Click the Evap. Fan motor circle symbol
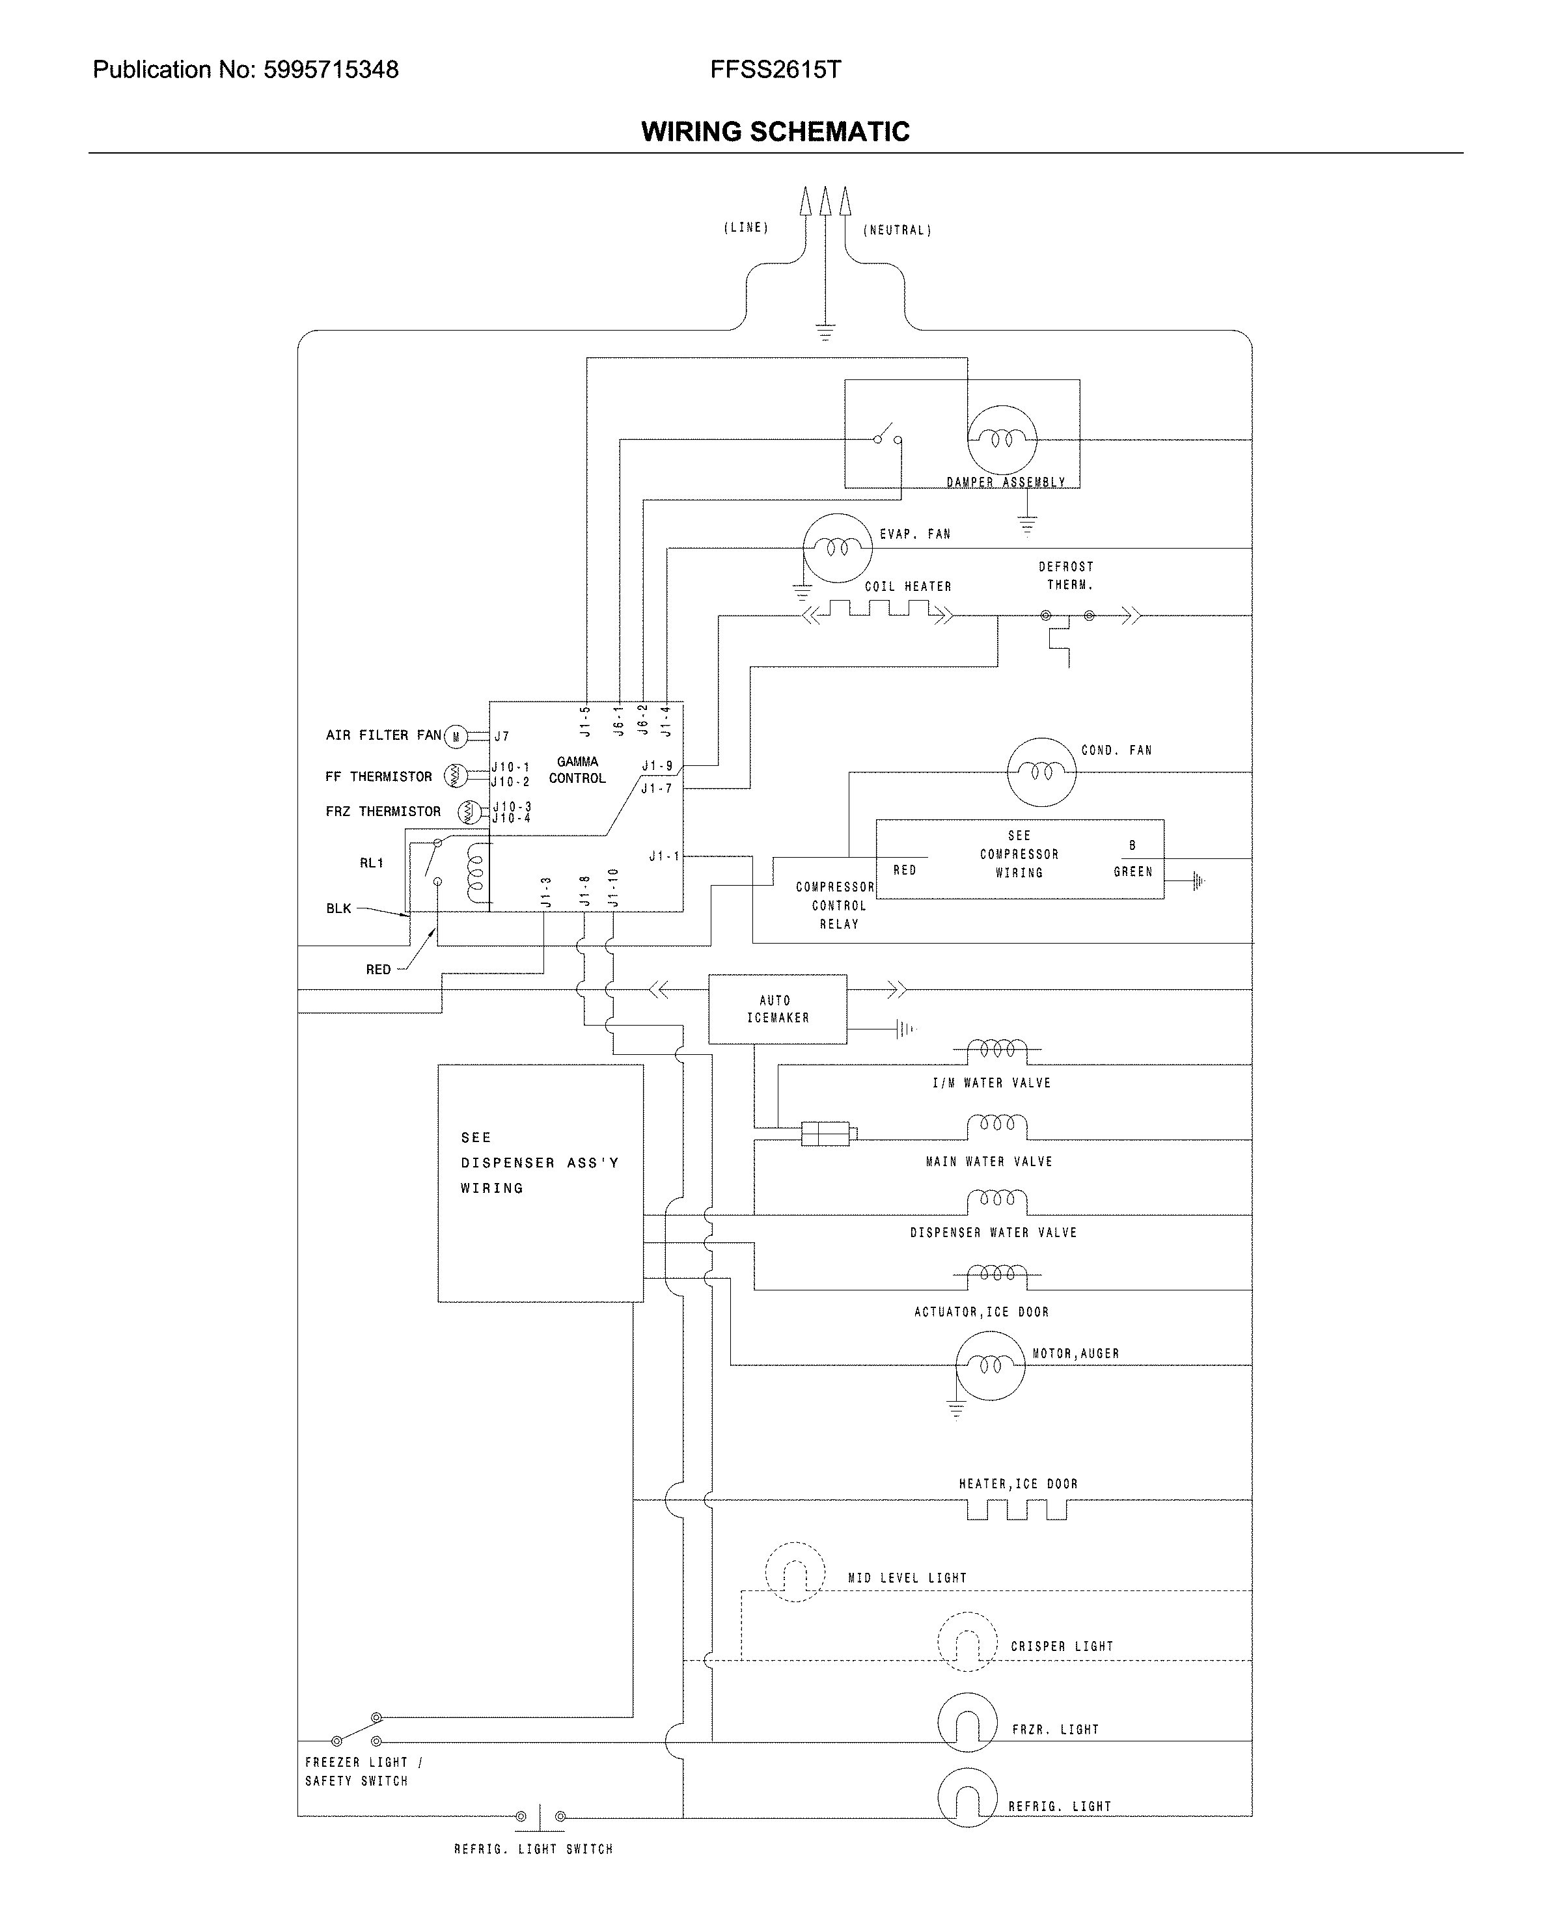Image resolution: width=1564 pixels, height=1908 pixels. coord(838,548)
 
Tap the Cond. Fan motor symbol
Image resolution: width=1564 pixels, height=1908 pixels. coord(1041,772)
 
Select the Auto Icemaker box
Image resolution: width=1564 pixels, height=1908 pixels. coord(778,1009)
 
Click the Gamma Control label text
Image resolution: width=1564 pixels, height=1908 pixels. coord(577,770)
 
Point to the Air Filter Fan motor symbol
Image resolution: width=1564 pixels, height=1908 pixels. coord(456,737)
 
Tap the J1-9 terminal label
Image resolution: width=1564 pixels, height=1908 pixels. coord(657,767)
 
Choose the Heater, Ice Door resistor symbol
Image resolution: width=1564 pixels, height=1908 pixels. coord(1016,1509)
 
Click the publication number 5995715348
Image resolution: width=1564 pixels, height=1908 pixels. coord(331,70)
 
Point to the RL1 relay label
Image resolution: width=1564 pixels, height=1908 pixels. coord(371,863)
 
